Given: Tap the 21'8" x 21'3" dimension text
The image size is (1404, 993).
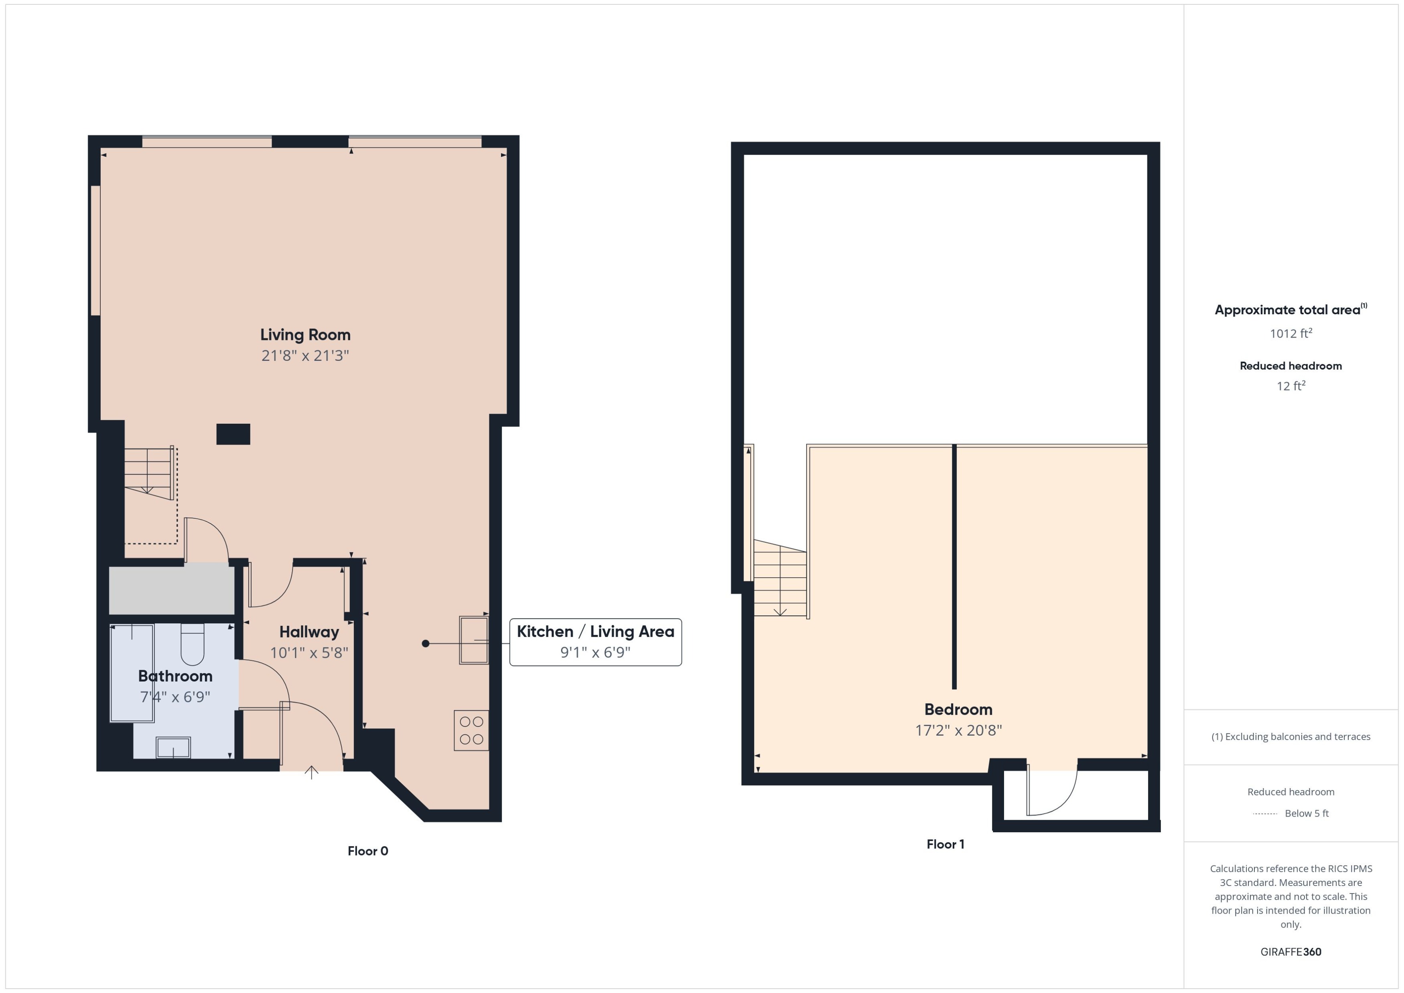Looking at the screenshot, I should [305, 355].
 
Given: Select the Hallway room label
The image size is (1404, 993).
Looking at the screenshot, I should [309, 632].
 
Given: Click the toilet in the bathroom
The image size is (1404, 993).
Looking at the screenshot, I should [192, 645].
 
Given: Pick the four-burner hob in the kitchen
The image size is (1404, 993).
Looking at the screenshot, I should [471, 730].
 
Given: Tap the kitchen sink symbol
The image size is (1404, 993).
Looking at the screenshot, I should [473, 640].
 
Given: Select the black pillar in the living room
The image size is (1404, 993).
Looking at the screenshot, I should [233, 434].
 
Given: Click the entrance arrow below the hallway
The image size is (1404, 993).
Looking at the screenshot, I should [311, 773].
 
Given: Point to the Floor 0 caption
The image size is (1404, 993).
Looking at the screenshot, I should [368, 851].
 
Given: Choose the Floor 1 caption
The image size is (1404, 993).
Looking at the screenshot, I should [945, 844].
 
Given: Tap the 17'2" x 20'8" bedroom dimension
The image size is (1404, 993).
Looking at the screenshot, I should [958, 730].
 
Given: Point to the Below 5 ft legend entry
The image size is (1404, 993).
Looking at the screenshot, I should [1306, 813].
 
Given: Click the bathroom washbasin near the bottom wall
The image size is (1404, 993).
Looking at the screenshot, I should [173, 747].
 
